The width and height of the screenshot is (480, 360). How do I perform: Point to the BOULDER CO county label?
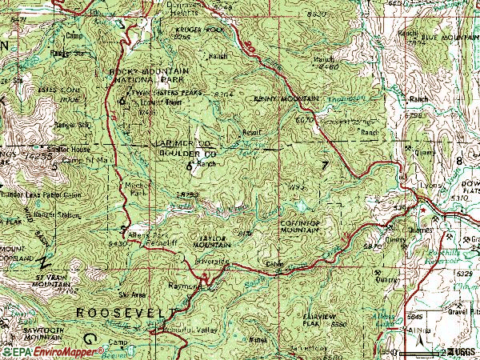[x=188, y=151]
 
